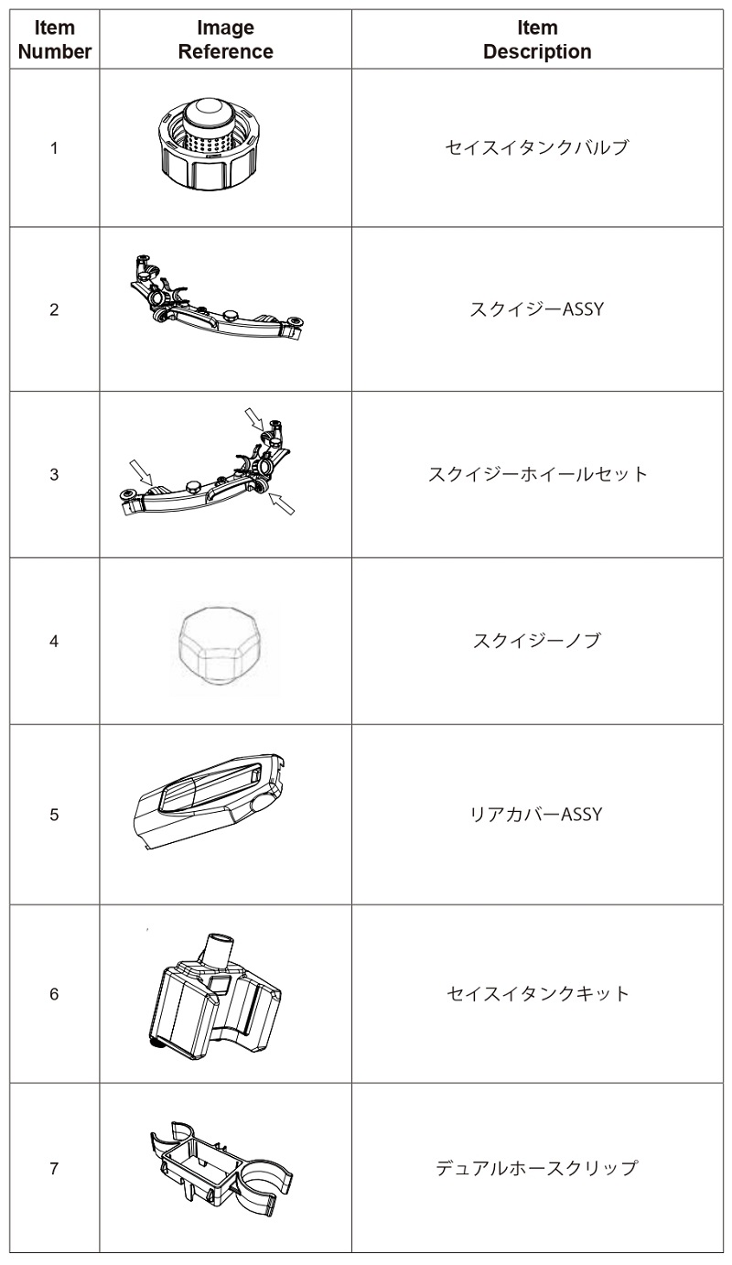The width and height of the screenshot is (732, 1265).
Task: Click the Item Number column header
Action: (x=55, y=40)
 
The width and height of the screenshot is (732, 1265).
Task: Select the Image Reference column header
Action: (x=225, y=40)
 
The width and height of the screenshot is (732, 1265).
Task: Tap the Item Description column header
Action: (x=537, y=40)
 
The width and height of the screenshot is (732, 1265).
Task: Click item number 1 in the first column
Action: (x=55, y=147)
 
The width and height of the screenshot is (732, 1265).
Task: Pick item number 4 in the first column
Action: (x=55, y=641)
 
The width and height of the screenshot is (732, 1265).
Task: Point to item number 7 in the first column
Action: (x=55, y=1168)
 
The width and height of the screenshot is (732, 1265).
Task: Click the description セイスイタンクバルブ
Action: (x=537, y=147)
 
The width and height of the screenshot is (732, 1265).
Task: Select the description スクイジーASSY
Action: (x=537, y=309)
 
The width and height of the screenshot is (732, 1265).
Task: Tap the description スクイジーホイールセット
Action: (x=537, y=474)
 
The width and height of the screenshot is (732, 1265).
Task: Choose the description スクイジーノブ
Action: (x=537, y=641)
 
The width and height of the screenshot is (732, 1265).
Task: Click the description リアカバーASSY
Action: (x=537, y=814)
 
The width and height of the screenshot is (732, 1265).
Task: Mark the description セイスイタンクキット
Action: (x=537, y=993)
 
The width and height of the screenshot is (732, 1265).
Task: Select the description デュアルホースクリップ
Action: (x=537, y=1168)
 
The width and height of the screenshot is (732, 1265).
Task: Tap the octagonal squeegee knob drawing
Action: (x=219, y=643)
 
